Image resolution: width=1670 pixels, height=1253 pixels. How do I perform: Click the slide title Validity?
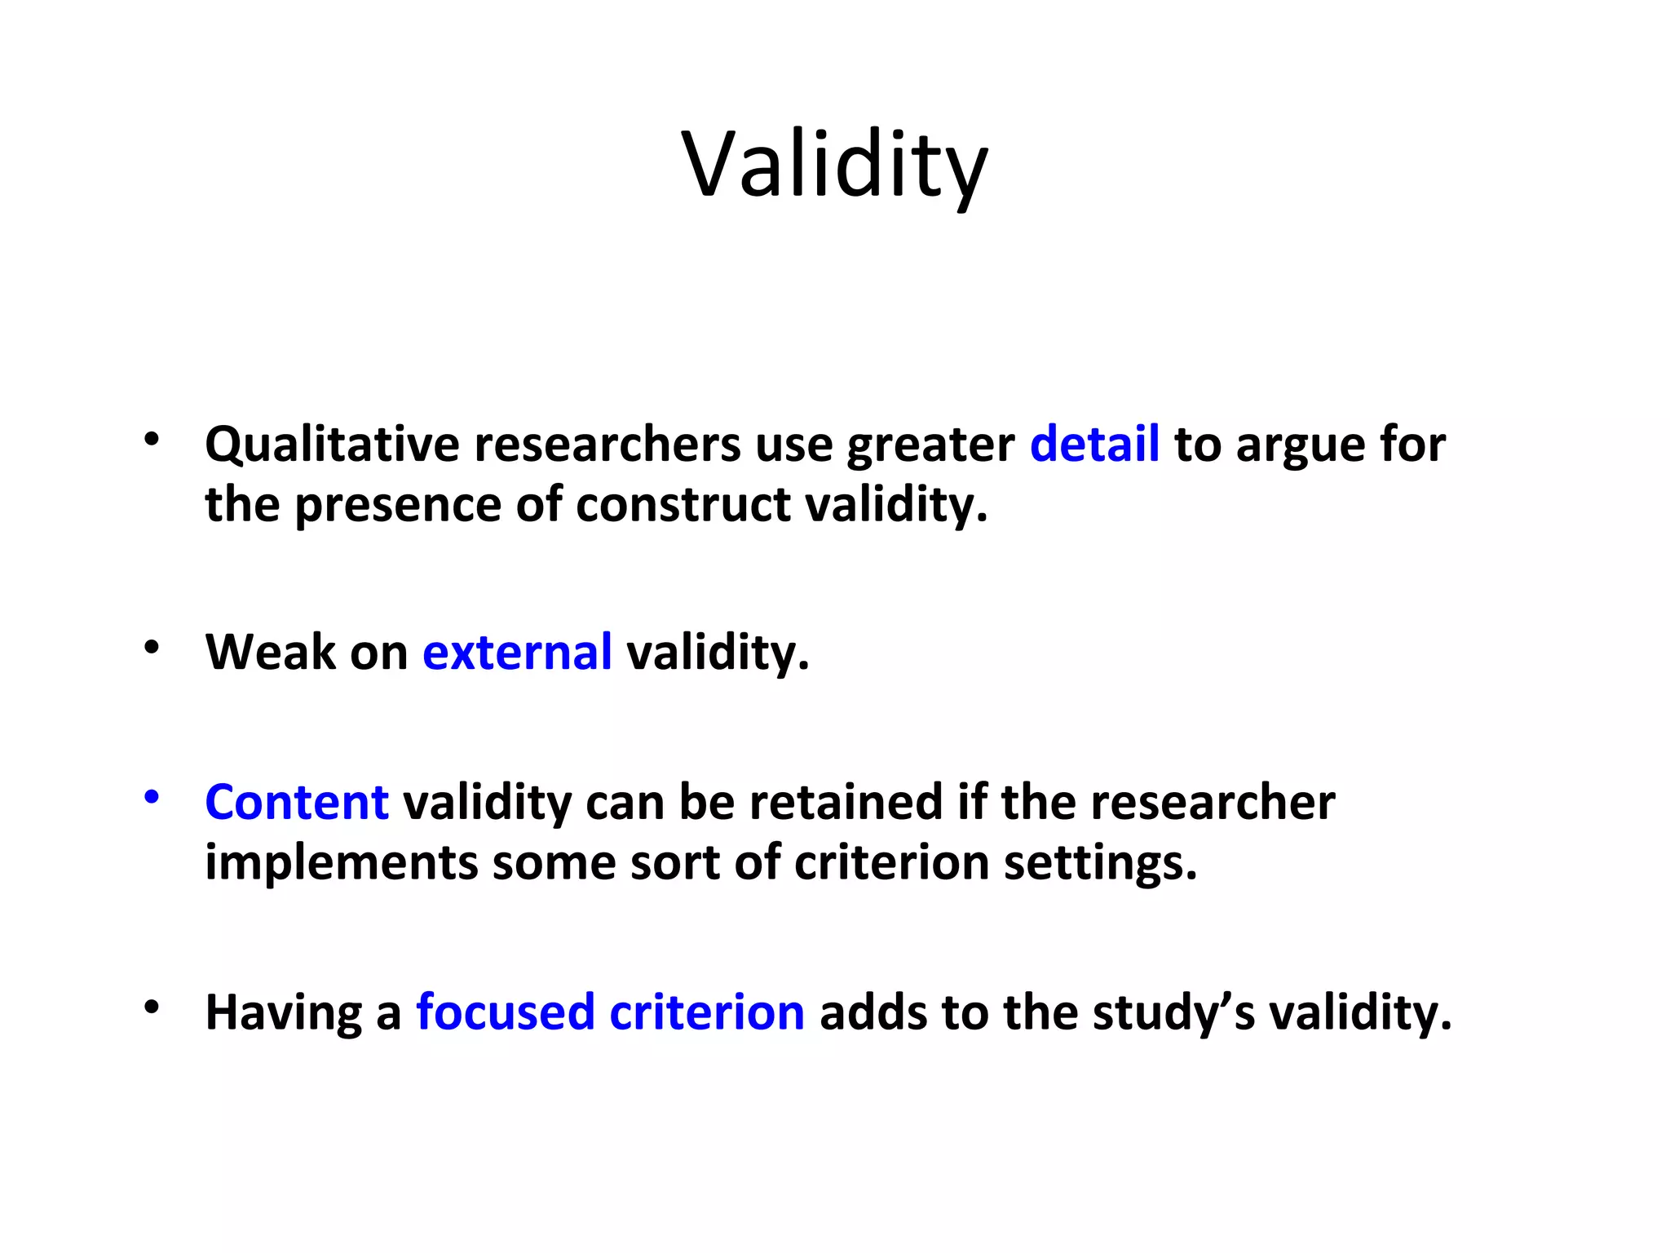point(834,166)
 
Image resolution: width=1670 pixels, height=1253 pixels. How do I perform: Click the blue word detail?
point(1093,445)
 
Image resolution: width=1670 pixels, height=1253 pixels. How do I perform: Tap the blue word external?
point(517,653)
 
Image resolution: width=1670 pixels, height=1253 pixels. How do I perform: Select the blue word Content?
point(297,802)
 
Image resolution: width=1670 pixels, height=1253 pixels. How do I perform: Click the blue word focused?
point(505,1012)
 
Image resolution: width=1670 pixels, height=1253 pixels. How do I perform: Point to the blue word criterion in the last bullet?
point(707,1012)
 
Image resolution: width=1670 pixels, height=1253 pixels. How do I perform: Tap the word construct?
point(683,505)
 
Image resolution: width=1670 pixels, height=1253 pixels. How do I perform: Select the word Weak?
point(270,653)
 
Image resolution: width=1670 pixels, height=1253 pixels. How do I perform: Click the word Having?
point(283,1014)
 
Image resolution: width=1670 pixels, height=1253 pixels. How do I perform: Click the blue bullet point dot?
point(151,797)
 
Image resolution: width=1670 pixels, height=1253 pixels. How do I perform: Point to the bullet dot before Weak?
point(151,648)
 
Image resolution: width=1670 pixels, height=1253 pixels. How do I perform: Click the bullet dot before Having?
point(151,1007)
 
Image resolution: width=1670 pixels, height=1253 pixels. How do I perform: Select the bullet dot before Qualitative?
point(151,440)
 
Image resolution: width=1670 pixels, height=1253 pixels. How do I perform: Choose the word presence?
point(397,505)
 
